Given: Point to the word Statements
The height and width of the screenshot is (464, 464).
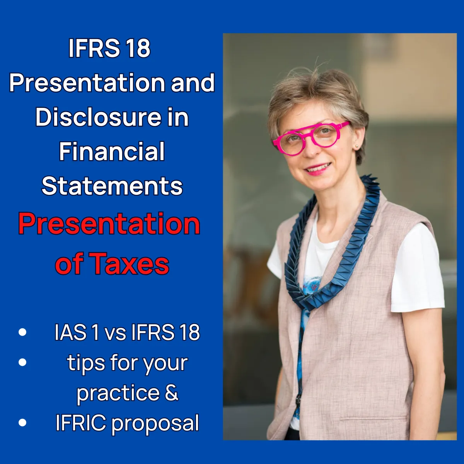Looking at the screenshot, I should (112, 186).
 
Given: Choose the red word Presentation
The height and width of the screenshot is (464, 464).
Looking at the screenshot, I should (109, 224).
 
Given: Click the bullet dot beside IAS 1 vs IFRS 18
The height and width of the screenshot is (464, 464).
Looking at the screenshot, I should (22, 332).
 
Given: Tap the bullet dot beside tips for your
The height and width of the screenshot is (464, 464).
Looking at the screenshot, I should (22, 362).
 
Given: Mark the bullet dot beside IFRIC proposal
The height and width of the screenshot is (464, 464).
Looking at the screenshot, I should (22, 423).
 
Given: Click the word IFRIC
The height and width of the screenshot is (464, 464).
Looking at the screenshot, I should (81, 423).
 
